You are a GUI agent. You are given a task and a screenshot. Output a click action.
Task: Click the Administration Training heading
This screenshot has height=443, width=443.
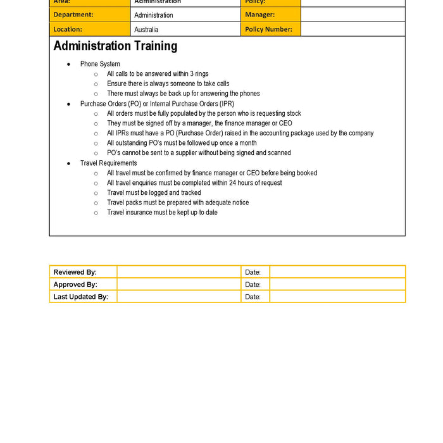tap(115, 46)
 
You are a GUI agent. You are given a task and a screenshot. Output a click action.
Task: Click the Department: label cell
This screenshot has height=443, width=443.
tap(73, 15)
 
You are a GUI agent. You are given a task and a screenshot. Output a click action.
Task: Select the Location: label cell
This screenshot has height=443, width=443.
tap(68, 29)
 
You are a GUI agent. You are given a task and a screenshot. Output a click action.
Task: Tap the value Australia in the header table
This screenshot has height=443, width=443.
tap(146, 30)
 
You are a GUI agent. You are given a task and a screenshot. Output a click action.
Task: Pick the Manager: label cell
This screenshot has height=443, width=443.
tap(259, 15)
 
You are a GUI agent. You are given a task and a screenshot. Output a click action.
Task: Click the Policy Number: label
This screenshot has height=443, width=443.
tap(268, 29)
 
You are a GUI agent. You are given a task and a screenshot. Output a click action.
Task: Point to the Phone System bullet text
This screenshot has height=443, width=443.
tap(100, 64)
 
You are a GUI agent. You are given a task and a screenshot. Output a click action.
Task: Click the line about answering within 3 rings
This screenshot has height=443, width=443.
tap(158, 74)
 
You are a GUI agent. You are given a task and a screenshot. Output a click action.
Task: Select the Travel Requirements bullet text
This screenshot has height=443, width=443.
tap(108, 163)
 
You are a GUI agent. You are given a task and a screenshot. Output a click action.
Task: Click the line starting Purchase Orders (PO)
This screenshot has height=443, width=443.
tap(157, 104)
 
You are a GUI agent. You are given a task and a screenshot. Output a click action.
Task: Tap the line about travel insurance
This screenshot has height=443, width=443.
tap(162, 213)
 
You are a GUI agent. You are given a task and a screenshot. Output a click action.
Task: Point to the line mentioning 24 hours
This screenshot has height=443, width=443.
tap(194, 183)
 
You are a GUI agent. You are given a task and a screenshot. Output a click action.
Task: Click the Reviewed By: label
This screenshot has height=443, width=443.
tap(75, 272)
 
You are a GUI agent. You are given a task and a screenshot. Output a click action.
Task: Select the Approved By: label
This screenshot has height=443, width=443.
tap(75, 285)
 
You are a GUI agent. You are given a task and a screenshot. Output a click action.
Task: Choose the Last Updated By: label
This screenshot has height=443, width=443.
tap(81, 297)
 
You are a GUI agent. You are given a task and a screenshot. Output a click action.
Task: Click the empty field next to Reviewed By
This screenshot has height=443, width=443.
tap(178, 272)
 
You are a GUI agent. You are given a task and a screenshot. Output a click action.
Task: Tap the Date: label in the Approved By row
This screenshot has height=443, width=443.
tap(253, 285)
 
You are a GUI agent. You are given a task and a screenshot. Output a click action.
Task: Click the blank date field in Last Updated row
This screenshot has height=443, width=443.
tap(337, 297)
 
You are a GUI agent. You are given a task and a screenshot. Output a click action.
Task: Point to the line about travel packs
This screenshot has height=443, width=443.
tap(178, 203)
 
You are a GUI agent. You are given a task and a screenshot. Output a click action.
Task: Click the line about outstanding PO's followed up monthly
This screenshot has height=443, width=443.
tap(182, 143)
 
